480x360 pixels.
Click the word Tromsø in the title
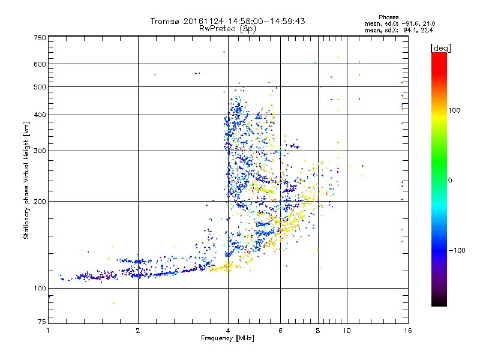pos(165,21)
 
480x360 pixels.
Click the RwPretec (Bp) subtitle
pos(228,28)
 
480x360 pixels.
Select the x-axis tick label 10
pos(346,331)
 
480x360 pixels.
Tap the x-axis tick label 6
pos(280,331)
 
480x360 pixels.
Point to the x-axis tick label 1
pos(49,331)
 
